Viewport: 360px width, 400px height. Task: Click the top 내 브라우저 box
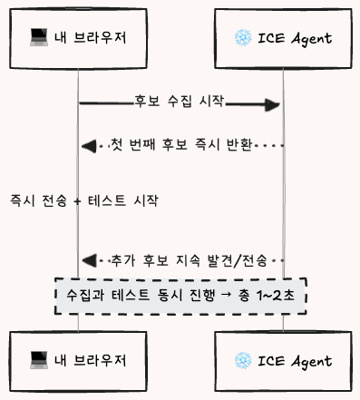coord(77,37)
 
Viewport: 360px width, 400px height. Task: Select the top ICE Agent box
coord(283,37)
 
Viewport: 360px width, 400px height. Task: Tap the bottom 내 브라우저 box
coord(77,359)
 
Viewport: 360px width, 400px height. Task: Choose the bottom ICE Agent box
coord(283,359)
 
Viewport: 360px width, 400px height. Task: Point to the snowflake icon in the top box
coord(242,37)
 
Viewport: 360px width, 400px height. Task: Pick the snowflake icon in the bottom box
coord(242,359)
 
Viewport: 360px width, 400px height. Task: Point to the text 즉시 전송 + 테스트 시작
coord(83,200)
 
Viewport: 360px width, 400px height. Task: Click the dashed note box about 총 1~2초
coord(180,297)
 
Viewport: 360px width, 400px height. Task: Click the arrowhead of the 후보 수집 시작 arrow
coord(271,106)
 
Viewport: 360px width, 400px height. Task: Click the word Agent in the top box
coord(308,37)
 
